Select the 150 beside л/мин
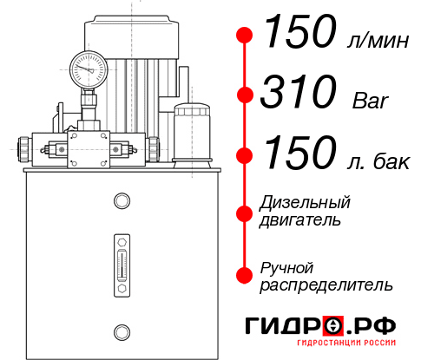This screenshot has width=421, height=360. click(298, 35)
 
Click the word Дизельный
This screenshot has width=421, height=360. click(306, 203)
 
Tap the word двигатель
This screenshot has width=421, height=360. click(300, 220)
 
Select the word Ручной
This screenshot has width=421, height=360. click(287, 266)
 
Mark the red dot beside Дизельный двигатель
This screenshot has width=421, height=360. click(246, 212)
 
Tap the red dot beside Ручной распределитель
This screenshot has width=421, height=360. click(246, 275)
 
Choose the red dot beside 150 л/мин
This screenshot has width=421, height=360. click(246, 36)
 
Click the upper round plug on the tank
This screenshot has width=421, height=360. click(122, 202)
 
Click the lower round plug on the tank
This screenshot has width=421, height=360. click(122, 331)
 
